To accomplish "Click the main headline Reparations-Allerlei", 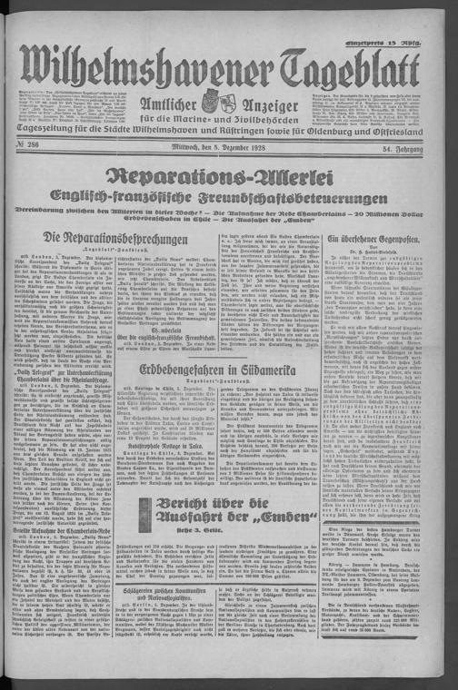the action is point(229,181).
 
